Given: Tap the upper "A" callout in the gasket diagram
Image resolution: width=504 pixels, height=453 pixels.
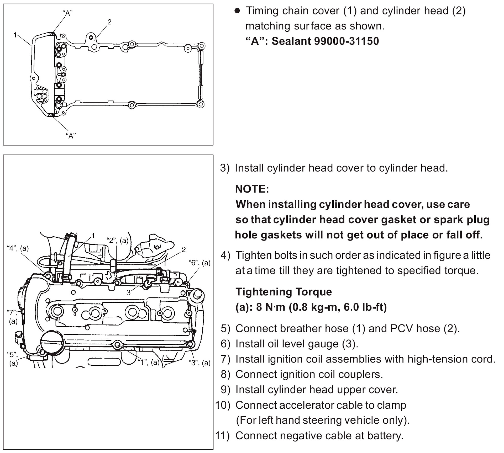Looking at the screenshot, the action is [x=68, y=13].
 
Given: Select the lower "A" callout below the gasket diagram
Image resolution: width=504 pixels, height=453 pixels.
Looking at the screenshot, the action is [x=71, y=136].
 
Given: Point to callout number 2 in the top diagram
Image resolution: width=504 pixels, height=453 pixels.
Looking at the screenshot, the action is [x=109, y=22].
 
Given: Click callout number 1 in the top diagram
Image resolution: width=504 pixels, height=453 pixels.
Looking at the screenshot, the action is [x=15, y=35].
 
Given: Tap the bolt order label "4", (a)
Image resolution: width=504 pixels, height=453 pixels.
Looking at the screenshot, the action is [x=18, y=248].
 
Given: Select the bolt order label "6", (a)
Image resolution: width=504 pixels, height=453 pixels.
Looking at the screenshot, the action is [x=199, y=263].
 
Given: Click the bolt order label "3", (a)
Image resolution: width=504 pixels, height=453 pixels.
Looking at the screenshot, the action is [x=199, y=363].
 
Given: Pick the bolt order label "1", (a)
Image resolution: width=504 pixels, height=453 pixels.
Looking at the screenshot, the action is [x=149, y=362].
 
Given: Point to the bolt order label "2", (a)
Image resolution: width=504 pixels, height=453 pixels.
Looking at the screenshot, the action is [x=118, y=241].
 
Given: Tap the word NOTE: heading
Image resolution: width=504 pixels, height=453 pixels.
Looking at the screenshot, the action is [x=252, y=189].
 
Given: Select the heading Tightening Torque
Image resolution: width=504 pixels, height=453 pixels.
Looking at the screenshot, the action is [x=283, y=292].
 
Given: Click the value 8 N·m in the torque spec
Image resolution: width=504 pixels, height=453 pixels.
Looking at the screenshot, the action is [x=271, y=307].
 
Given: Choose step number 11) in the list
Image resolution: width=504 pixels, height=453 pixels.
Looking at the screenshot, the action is [x=222, y=435].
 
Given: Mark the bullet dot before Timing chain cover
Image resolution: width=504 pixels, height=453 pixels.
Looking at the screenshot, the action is [x=237, y=11].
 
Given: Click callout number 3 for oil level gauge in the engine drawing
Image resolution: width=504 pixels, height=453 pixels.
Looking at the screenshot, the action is [x=128, y=292].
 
